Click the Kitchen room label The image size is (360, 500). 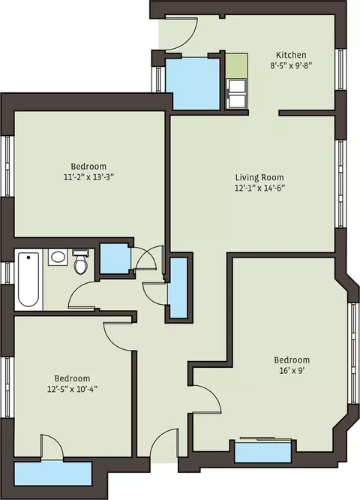click(x=291, y=55)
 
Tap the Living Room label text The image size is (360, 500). click(x=259, y=177)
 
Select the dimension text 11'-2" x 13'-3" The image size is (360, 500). click(x=88, y=176)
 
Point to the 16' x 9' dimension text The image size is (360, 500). click(x=292, y=371)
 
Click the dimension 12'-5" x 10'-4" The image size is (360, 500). click(x=72, y=389)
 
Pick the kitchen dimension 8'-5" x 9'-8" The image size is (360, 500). click(x=291, y=65)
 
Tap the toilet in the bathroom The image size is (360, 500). click(x=80, y=262)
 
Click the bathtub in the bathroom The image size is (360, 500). click(x=28, y=280)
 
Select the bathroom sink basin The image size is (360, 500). click(x=58, y=257)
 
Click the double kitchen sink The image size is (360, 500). click(x=236, y=93)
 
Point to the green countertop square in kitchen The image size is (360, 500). click(x=236, y=65)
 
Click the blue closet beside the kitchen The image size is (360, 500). click(x=193, y=84)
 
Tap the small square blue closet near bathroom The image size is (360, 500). click(x=115, y=258)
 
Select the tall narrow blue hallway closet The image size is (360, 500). click(x=178, y=288)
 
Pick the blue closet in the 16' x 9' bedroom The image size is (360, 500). click(x=263, y=452)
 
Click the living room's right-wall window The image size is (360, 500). click(x=341, y=184)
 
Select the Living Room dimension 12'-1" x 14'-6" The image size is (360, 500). click(x=259, y=188)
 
